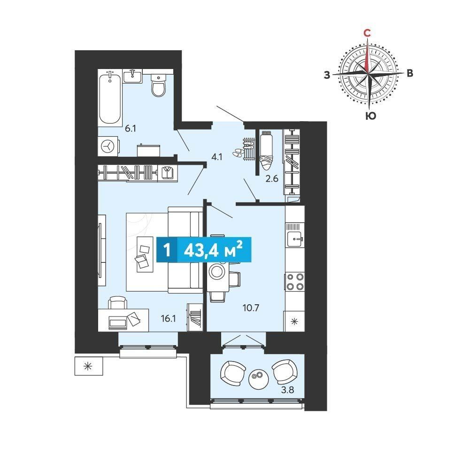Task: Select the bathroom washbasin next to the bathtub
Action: point(132,76)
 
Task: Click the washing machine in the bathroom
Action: point(108,146)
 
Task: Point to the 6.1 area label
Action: point(131,129)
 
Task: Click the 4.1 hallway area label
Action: point(216,156)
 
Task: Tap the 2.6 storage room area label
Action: point(272,178)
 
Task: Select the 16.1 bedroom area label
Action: point(168,319)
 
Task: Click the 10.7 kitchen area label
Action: point(251,308)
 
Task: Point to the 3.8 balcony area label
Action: point(287,390)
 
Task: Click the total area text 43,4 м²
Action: point(213,250)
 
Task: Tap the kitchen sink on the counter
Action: point(295,239)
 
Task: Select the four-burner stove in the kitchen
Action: point(294,282)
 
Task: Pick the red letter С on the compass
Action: point(367,33)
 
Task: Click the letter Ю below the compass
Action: point(370,116)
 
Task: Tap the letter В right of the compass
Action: point(410,73)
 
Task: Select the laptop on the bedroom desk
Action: point(118,323)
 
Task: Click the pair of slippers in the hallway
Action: point(239,152)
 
